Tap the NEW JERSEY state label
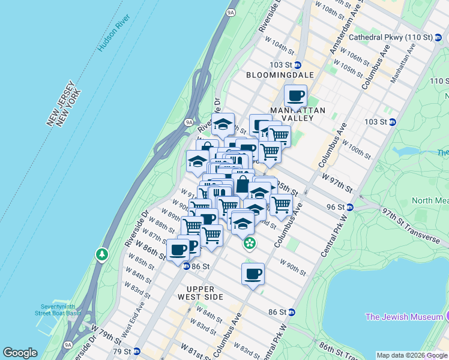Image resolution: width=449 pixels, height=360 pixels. coord(59,101)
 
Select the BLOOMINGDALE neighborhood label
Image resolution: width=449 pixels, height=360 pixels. coord(280,75)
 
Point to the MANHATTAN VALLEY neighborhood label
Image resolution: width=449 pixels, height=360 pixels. coord(297,114)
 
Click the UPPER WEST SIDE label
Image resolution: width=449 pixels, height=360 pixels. coord(200,292)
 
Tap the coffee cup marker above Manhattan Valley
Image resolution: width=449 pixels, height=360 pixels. coord(296,95)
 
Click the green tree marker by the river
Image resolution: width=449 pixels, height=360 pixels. coord(102,255)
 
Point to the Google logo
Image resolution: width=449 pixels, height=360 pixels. coord(20,353)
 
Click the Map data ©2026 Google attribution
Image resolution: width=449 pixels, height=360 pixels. coord(412,355)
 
